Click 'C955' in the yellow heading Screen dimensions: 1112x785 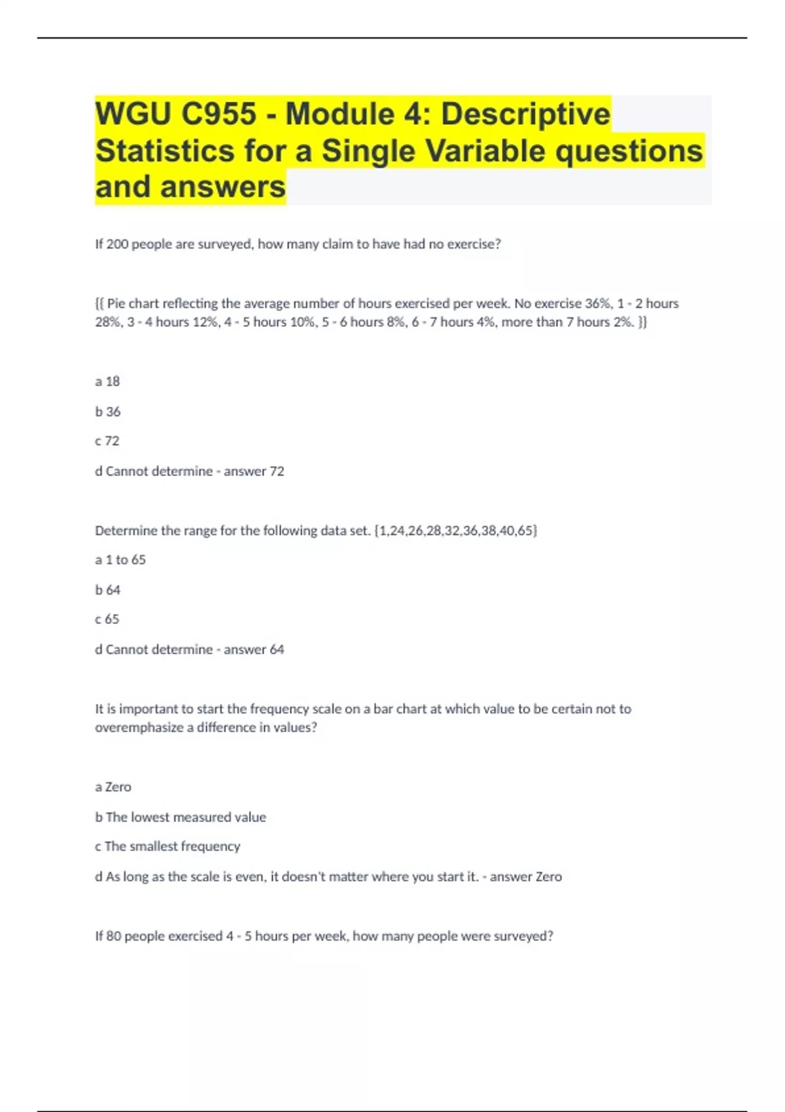218,114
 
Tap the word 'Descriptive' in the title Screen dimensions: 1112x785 525,114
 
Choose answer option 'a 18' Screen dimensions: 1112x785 108,381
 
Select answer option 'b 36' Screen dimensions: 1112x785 108,411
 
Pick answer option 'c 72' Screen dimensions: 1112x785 107,441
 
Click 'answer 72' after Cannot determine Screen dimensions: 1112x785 254,471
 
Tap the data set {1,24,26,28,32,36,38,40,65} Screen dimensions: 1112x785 456,530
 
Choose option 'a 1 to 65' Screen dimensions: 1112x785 120,560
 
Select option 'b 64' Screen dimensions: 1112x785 108,590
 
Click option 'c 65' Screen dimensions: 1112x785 107,619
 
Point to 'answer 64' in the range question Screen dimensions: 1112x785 254,650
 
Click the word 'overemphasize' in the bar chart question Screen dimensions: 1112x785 139,727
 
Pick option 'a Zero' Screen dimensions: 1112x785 113,787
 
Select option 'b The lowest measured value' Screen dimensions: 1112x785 181,817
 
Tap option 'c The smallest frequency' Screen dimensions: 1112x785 167,846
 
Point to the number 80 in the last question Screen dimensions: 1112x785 113,936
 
